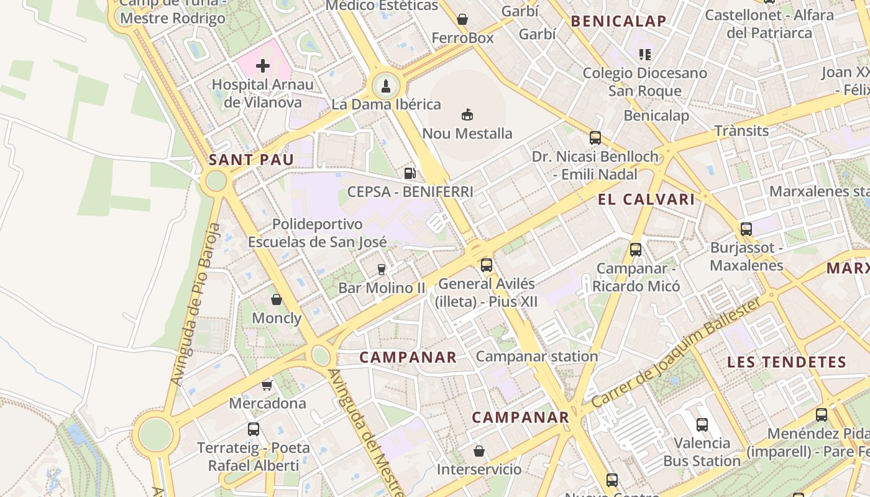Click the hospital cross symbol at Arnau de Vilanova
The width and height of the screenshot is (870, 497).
click(x=263, y=65)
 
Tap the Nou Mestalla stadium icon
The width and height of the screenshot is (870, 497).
click(x=467, y=114)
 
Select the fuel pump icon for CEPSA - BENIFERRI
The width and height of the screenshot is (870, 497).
click(x=410, y=173)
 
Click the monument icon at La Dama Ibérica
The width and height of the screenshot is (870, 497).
click(x=386, y=86)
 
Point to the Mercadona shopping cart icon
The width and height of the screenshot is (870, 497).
click(x=267, y=385)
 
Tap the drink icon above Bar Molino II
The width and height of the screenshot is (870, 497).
click(x=382, y=269)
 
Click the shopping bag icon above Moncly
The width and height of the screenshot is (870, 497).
click(x=277, y=299)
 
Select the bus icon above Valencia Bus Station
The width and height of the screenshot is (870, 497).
click(x=702, y=425)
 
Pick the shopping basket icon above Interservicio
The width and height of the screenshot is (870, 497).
click(x=478, y=450)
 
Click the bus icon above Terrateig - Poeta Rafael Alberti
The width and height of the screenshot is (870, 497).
click(x=254, y=429)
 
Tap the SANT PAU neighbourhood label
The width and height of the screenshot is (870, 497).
click(x=251, y=160)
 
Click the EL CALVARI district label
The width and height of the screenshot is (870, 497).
click(x=646, y=199)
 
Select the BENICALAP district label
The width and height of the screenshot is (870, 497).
click(x=618, y=21)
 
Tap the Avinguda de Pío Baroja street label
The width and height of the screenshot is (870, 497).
click(x=195, y=304)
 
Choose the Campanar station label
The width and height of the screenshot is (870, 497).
click(x=536, y=356)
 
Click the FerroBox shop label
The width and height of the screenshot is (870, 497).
click(x=462, y=38)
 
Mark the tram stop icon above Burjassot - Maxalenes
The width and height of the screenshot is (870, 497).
click(x=746, y=229)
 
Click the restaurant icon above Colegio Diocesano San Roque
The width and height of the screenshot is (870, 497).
click(x=644, y=55)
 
